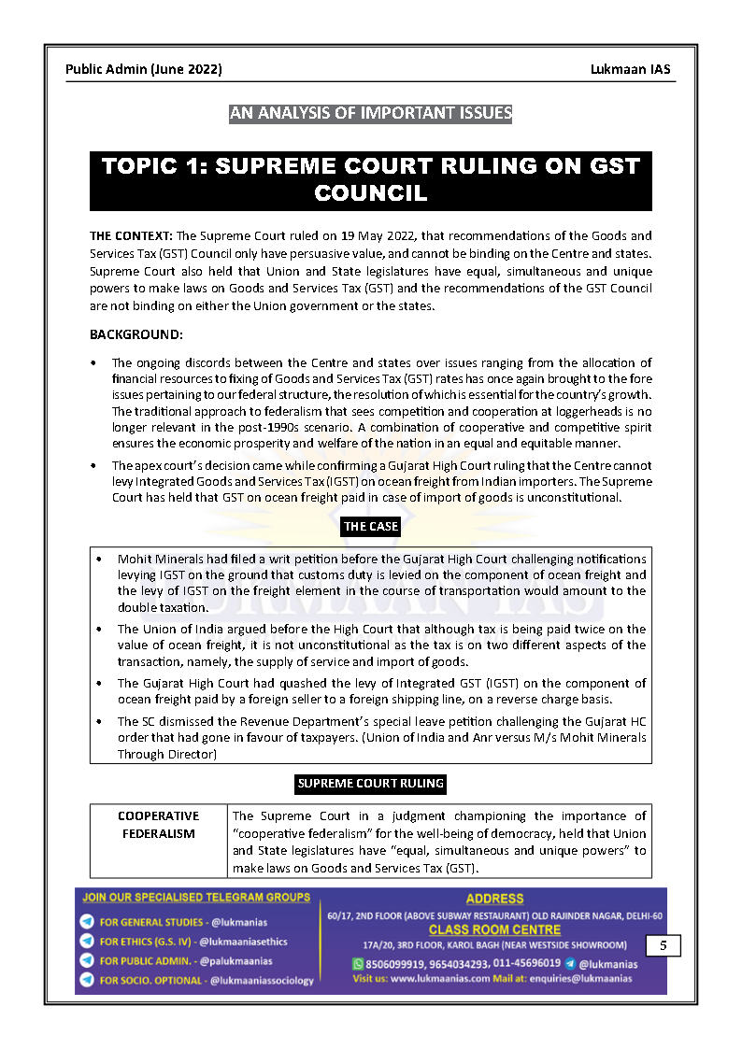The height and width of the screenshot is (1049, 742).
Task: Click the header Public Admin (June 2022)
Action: coord(144,69)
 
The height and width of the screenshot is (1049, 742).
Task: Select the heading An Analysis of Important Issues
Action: coord(371,114)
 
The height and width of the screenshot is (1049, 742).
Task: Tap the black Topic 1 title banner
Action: coord(371,179)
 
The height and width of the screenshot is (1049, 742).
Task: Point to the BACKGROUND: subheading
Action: coord(136,333)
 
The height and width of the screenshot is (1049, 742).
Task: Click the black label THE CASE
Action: coord(371,527)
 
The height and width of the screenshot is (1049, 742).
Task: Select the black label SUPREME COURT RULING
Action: coord(371,784)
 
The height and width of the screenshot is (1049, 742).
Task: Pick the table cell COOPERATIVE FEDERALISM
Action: coord(159,825)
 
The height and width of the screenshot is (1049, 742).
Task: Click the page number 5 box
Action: coord(663,946)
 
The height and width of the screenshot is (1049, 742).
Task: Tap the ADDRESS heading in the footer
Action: coord(494,899)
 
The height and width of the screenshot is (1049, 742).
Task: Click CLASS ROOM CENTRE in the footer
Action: coord(494,929)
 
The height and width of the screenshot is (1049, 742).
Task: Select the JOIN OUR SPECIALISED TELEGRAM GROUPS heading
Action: coord(196,898)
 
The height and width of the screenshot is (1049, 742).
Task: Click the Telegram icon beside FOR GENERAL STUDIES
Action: coord(87,922)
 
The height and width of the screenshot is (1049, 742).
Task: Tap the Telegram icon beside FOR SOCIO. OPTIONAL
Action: coord(87,980)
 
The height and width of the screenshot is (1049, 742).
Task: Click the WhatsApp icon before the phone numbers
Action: coord(357,963)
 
